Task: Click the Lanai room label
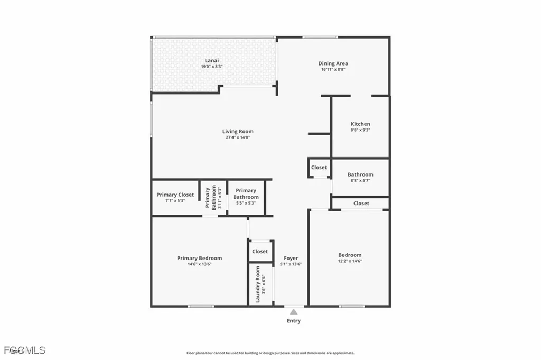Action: click(x=212, y=61)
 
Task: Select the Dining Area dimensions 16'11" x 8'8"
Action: click(x=332, y=70)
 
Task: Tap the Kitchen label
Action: click(x=360, y=124)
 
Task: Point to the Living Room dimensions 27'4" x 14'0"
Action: click(x=237, y=137)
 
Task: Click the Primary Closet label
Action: click(x=175, y=195)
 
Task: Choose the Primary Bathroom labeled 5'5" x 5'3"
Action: click(x=246, y=194)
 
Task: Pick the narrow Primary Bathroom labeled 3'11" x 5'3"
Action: click(x=214, y=198)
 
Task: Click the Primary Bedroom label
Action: click(x=199, y=258)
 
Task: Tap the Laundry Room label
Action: click(x=258, y=284)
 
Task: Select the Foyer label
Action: click(x=291, y=259)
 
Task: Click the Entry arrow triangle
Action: click(x=293, y=312)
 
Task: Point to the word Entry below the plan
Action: click(x=293, y=321)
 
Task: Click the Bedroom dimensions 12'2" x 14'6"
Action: click(x=350, y=261)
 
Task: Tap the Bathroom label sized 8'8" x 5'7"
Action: click(x=360, y=174)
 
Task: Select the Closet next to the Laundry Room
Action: click(x=260, y=252)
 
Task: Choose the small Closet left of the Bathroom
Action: click(x=319, y=167)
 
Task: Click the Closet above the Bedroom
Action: click(x=361, y=203)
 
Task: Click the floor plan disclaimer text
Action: click(x=270, y=353)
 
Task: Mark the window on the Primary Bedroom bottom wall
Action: click(x=201, y=306)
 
